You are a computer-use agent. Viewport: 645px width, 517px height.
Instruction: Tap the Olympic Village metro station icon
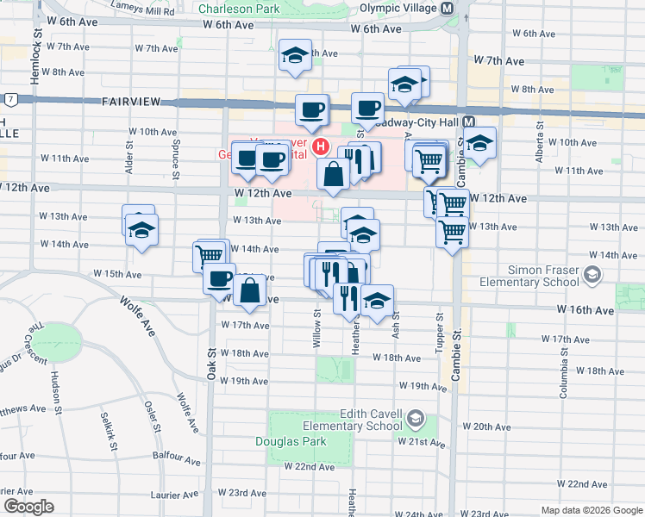pyautogui.click(x=448, y=8)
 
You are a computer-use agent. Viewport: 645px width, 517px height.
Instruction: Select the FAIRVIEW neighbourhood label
pyautogui.click(x=131, y=102)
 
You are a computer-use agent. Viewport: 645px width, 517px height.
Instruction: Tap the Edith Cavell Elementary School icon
pyautogui.click(x=415, y=420)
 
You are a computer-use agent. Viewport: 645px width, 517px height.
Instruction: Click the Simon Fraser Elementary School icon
pyautogui.click(x=592, y=276)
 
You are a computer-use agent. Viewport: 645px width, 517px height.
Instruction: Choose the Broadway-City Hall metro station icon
pyautogui.click(x=470, y=123)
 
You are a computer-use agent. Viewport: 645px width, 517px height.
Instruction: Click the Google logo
pyautogui.click(x=28, y=507)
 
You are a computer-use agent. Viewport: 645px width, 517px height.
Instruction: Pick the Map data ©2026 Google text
pyautogui.click(x=591, y=510)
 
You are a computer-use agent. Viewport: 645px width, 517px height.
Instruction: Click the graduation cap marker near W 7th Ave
pyautogui.click(x=295, y=57)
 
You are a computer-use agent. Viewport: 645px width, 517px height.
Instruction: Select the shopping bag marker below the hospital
pyautogui.click(x=333, y=174)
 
